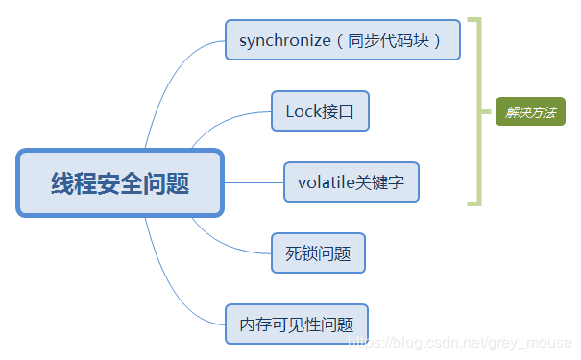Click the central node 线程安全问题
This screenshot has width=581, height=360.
pyautogui.click(x=120, y=182)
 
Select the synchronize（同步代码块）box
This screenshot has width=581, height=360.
pyautogui.click(x=343, y=40)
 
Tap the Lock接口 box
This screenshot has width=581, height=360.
pyautogui.click(x=320, y=111)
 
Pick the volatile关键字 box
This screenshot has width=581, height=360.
pyautogui.click(x=351, y=181)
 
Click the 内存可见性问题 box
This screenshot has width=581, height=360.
pyautogui.click(x=297, y=324)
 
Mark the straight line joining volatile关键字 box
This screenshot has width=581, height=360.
pyautogui.click(x=254, y=181)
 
